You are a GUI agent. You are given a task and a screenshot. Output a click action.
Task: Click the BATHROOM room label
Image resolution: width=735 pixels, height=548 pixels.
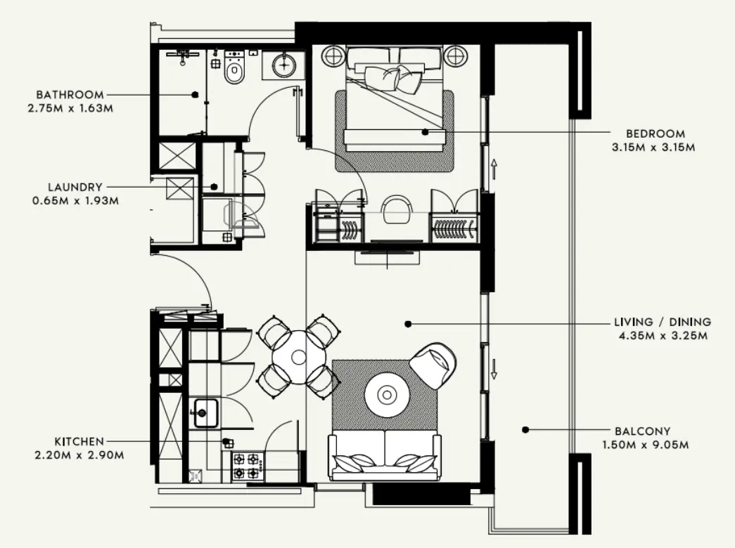tap(70, 94)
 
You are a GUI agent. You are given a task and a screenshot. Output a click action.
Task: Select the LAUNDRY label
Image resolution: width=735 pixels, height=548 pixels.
tap(75, 187)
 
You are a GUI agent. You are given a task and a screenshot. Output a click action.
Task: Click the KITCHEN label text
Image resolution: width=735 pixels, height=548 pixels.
tap(79, 441)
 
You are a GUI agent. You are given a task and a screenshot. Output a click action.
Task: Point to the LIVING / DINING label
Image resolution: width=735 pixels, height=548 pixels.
tap(662, 322)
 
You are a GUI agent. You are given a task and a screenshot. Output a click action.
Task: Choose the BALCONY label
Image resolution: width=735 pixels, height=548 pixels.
tap(641, 431)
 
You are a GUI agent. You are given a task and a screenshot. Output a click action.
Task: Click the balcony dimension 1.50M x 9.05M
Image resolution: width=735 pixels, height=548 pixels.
tap(644, 445)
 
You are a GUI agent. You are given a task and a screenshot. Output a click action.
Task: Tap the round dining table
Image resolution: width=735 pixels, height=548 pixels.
tap(298, 356)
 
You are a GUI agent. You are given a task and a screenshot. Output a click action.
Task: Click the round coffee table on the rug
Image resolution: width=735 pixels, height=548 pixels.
tap(386, 395)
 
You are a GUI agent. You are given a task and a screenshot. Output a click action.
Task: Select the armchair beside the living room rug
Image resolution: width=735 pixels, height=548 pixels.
tap(434, 364)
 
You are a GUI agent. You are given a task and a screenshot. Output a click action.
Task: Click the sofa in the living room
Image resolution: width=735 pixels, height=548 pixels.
tap(385, 456)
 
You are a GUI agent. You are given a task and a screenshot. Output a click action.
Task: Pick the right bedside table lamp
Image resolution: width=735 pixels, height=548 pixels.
tap(454, 56)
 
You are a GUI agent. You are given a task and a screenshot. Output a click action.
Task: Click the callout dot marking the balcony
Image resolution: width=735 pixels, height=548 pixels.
tap(525, 430)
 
